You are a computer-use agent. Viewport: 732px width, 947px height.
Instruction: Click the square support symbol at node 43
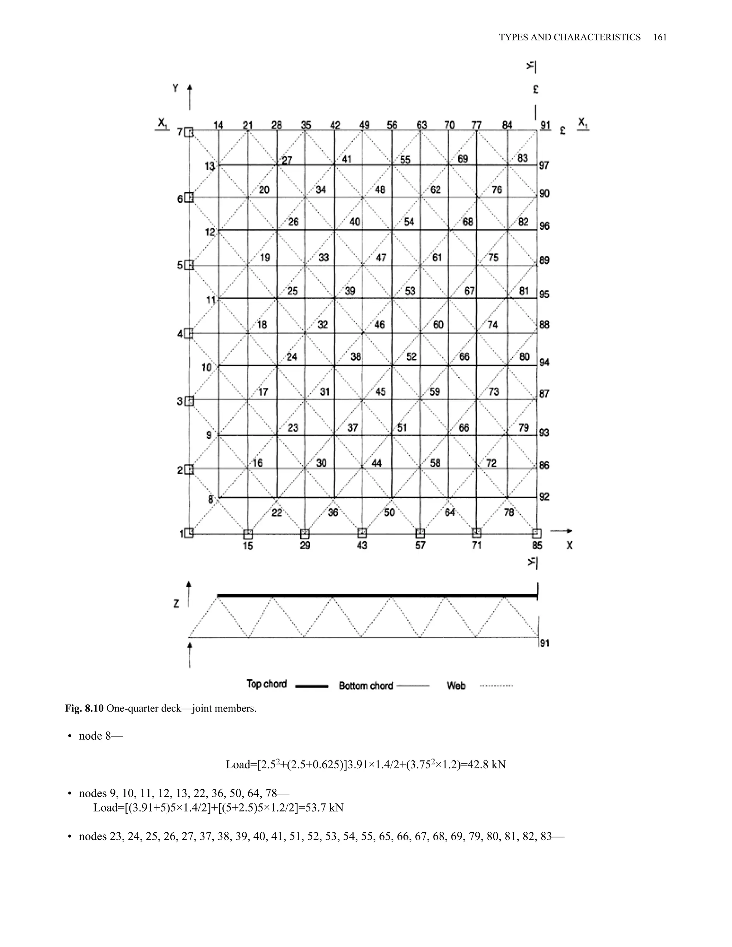(362, 532)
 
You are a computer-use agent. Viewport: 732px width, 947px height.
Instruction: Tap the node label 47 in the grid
(381, 258)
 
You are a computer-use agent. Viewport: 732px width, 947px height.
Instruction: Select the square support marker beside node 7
(189, 132)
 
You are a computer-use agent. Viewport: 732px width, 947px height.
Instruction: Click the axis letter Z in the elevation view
(176, 604)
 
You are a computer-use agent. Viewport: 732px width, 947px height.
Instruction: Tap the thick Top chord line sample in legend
(311, 686)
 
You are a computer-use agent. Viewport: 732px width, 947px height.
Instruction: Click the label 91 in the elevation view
(545, 643)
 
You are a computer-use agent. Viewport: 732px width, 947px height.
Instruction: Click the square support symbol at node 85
(536, 533)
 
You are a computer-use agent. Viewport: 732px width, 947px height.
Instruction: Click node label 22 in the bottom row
(277, 513)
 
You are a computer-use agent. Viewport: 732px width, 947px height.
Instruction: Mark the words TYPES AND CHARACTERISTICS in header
(569, 37)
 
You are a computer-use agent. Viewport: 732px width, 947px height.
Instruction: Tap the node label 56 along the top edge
(392, 125)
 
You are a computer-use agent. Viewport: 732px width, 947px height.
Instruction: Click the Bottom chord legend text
(366, 685)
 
